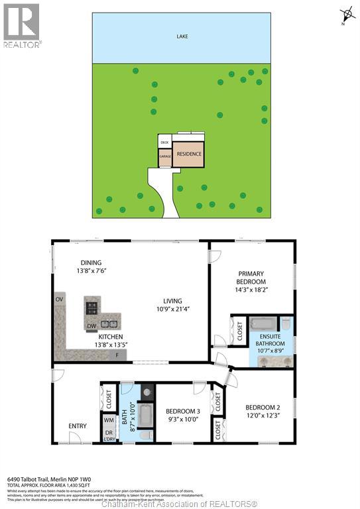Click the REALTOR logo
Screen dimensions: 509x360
(21, 26)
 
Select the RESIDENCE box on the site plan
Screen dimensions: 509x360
(188, 154)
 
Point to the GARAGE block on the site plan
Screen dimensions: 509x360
(165, 157)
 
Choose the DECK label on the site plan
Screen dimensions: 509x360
(164, 142)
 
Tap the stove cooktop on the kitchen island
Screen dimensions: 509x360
(92, 307)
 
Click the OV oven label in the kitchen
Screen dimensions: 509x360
(60, 300)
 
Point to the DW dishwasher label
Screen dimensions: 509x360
(91, 325)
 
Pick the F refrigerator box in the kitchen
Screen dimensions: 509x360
(118, 355)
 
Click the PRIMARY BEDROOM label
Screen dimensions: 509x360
(252, 278)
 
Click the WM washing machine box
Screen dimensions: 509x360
(108, 420)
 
